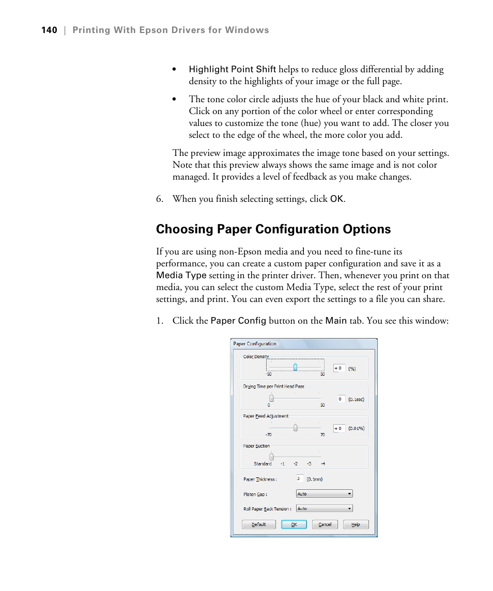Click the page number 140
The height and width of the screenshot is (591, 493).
coord(49,30)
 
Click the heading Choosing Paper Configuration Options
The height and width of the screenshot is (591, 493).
coord(273,229)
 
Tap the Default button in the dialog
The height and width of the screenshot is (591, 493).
coord(259,524)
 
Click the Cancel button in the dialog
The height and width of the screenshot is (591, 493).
coord(325,524)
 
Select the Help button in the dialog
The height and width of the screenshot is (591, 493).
coord(356,524)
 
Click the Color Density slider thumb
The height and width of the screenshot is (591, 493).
coord(295,368)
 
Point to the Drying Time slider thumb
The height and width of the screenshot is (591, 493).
coord(271,398)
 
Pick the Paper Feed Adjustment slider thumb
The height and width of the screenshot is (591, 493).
coord(295,428)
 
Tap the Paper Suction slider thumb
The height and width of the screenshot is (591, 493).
coord(271,457)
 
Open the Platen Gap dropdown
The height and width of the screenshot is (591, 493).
coord(324,494)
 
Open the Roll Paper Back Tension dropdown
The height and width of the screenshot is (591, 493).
coord(324,508)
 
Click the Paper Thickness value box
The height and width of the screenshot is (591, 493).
coord(300,479)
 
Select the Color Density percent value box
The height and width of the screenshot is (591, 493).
coord(339,369)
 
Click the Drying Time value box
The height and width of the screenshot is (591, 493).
coord(341,399)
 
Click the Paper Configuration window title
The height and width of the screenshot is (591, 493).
coord(255,344)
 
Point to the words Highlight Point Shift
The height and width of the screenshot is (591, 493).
coord(232,70)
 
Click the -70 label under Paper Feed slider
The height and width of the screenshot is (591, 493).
coord(269,435)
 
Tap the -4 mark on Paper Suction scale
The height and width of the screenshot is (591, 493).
coord(322,464)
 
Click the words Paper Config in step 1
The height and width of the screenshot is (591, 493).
coord(238,321)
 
